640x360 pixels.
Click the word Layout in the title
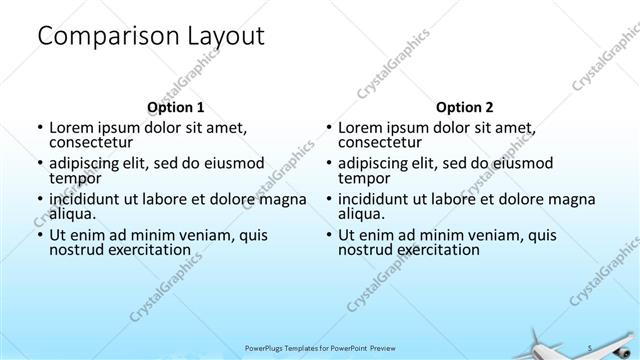coord(225,37)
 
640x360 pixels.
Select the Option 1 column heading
coord(176,106)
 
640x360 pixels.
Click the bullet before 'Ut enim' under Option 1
coord(39,236)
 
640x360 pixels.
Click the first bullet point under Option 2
coord(328,128)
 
